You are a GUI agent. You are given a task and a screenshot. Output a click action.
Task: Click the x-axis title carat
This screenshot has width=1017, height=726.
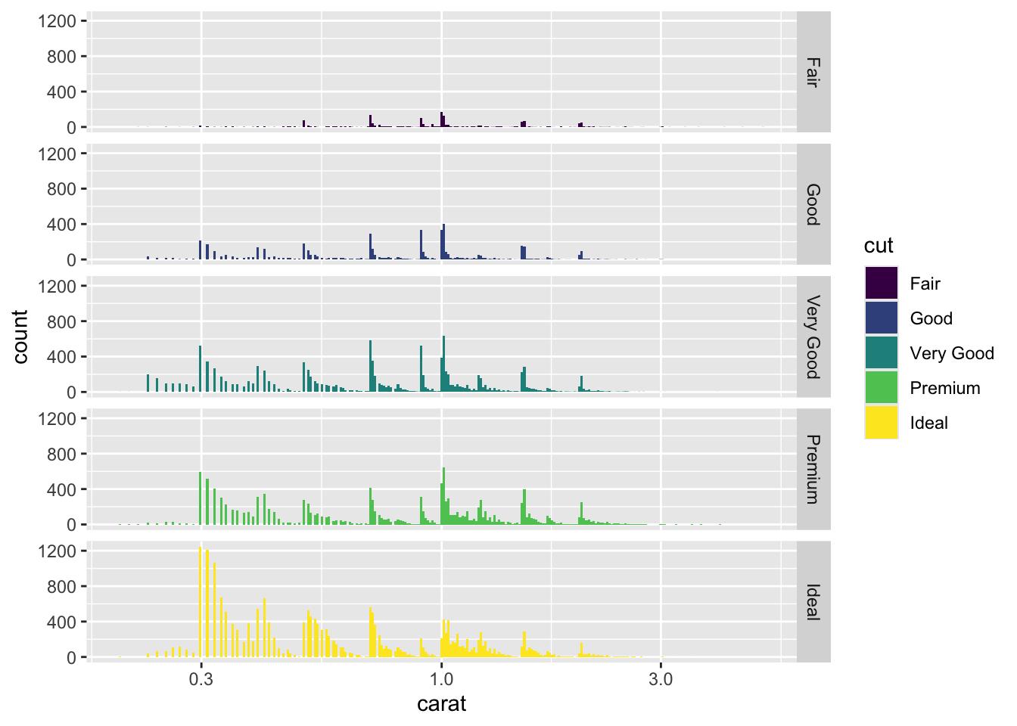[x=441, y=704]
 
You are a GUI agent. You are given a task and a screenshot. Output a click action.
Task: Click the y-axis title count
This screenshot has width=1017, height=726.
[x=20, y=337]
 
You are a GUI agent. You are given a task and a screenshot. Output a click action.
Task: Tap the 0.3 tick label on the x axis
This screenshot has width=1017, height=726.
[x=201, y=678]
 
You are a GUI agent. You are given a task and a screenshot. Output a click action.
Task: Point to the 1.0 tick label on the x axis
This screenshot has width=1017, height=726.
[x=441, y=678]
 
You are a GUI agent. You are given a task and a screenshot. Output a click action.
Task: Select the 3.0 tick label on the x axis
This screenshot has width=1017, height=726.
[x=661, y=678]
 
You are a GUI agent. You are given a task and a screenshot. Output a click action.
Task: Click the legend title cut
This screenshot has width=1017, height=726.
[x=879, y=246]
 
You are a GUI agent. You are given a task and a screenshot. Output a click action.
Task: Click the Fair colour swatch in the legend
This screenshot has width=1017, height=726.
[x=882, y=284]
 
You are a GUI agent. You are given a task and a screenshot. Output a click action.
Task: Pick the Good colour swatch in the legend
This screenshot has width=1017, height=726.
[x=882, y=318]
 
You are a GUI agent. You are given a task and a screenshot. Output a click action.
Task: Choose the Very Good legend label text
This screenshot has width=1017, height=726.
[x=951, y=353]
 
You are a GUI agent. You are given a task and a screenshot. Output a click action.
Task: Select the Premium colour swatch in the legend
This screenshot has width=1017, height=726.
[x=882, y=388]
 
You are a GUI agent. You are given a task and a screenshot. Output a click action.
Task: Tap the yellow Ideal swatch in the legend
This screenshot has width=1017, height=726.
[x=882, y=423]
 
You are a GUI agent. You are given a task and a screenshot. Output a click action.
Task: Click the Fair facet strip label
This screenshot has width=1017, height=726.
[x=813, y=73]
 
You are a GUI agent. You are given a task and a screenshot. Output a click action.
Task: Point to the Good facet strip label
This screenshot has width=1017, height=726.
[x=813, y=204]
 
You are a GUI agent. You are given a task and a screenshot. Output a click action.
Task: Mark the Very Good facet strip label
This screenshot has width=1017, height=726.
[x=813, y=337]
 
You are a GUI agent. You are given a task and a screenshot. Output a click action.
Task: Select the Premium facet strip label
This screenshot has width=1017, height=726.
[x=813, y=469]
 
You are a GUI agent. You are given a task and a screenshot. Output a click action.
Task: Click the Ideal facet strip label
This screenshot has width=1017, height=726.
[x=813, y=602]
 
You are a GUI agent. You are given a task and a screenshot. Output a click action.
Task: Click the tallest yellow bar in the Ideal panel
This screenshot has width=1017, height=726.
[x=200, y=605]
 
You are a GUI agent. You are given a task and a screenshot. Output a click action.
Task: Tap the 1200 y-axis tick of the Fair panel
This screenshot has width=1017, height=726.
[x=58, y=21]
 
